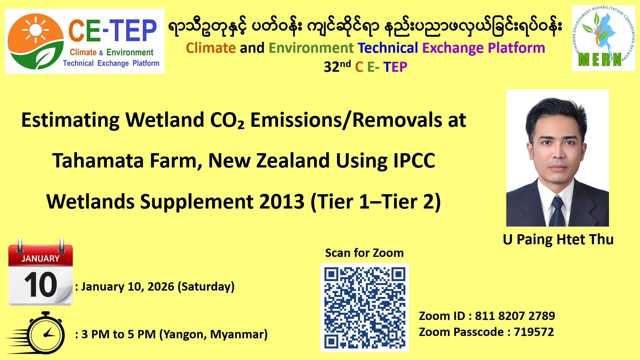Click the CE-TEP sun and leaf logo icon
point(36,41)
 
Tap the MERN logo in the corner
point(603,38)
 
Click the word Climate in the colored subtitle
point(211,48)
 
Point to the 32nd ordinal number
point(337,66)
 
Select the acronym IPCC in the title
point(414,160)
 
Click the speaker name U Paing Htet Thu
point(558,239)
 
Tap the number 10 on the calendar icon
point(41,284)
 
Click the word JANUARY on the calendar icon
point(40,259)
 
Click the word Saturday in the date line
point(206,287)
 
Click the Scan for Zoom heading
point(364,253)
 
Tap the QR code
point(365,308)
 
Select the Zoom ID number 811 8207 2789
point(515,316)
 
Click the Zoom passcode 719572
point(534,332)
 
